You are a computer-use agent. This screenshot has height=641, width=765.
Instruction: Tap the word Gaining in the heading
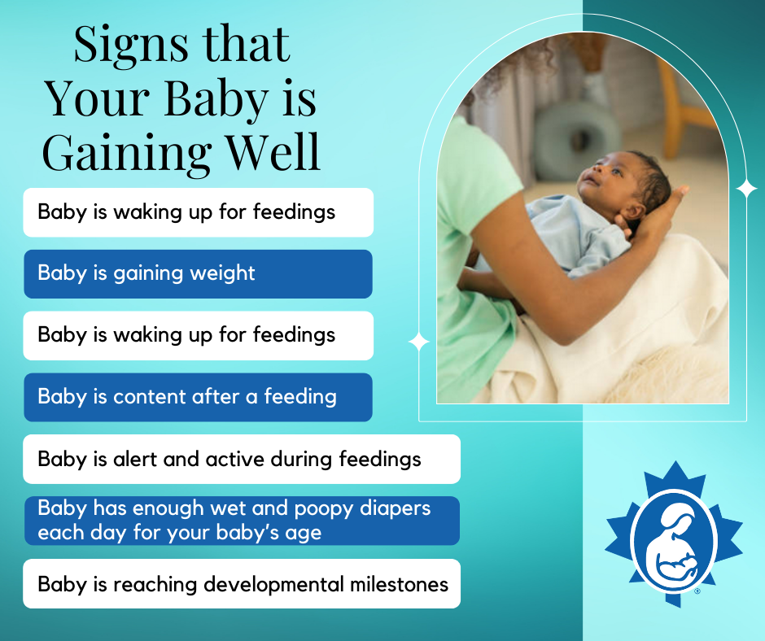(127, 153)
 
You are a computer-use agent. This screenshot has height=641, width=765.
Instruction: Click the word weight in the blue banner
(222, 274)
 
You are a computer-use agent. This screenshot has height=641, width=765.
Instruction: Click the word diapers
(396, 508)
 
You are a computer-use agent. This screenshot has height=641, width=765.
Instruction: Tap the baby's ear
(633, 212)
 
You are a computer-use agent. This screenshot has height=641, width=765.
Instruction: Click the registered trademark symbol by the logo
(697, 591)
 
